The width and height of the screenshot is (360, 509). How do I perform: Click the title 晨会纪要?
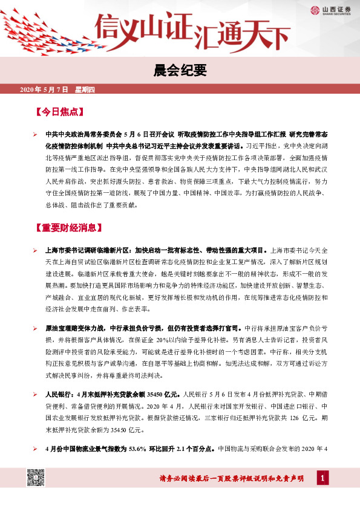[x=180, y=70]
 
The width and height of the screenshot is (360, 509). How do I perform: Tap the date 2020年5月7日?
[x=45, y=89]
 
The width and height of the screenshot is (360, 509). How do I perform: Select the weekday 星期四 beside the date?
[x=85, y=89]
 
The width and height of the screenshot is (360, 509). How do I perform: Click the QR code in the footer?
[x=36, y=478]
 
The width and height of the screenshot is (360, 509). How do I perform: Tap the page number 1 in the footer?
[x=324, y=479]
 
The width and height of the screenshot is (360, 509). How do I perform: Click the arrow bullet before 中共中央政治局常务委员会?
[x=36, y=135]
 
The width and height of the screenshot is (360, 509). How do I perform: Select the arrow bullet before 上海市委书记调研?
[x=36, y=250]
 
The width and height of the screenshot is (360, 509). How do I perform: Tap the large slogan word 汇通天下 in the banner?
[x=238, y=33]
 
